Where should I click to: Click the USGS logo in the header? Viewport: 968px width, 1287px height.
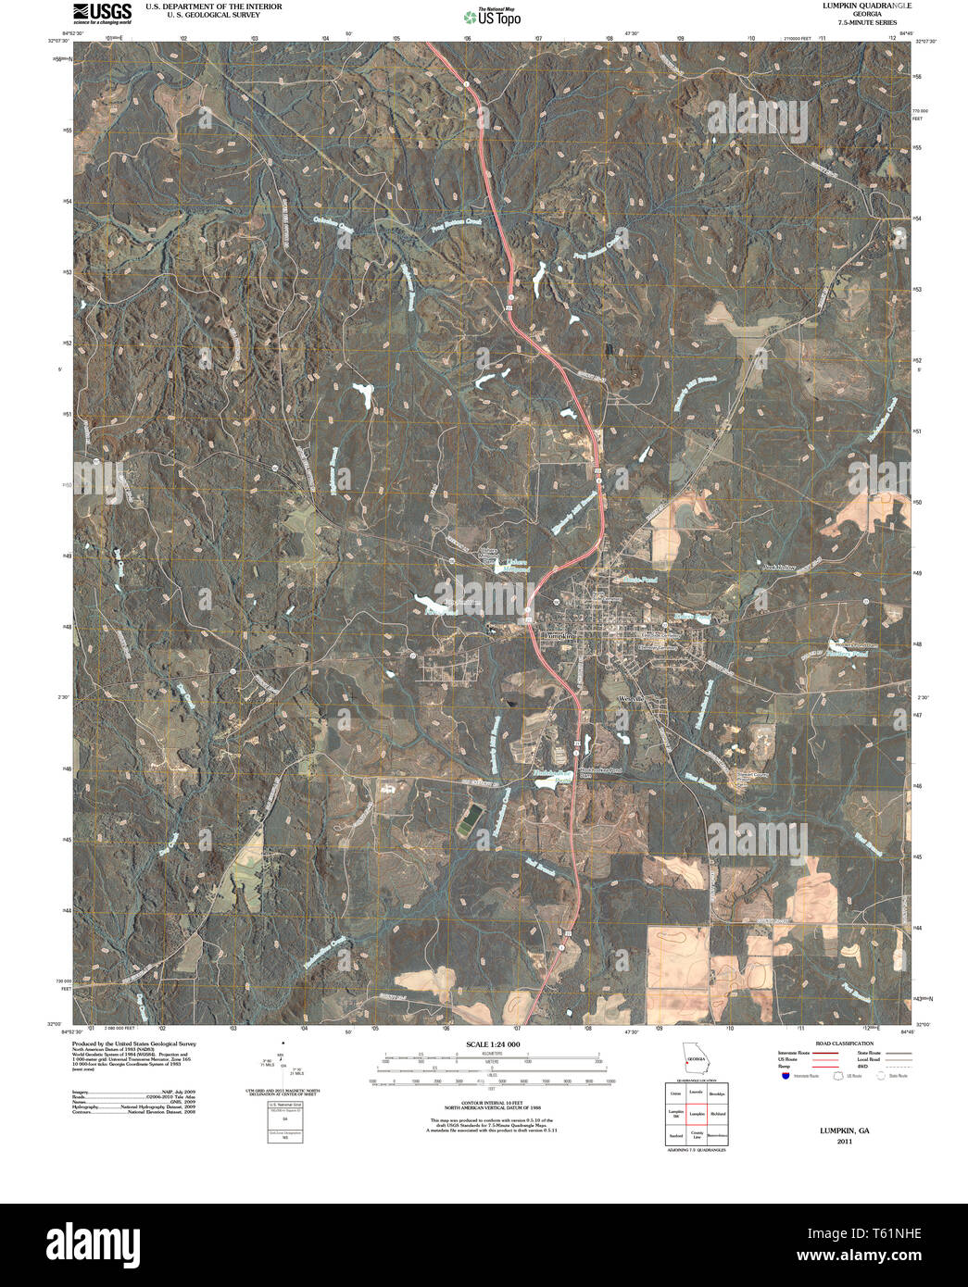tap(104, 12)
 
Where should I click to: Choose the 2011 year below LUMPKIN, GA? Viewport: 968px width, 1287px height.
tap(844, 1142)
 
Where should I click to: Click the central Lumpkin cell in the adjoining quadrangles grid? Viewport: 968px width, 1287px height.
tap(695, 1113)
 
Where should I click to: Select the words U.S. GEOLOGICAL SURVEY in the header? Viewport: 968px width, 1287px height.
tap(201, 15)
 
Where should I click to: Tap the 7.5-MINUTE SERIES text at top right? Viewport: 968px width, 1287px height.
tap(867, 22)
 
